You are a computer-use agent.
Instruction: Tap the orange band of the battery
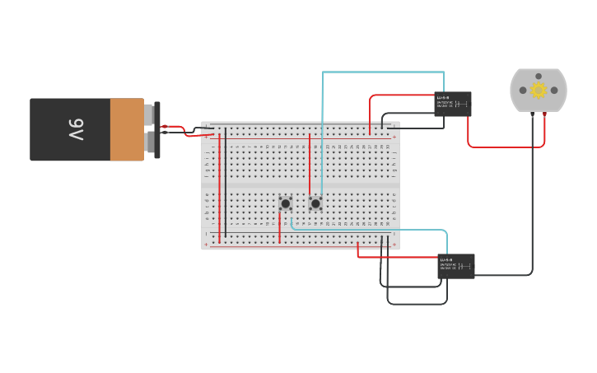point(127,129)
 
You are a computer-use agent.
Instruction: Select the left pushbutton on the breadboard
point(285,203)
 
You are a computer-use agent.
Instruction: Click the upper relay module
point(452,104)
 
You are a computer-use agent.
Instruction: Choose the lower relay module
point(455,266)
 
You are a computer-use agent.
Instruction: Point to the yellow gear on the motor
point(539,90)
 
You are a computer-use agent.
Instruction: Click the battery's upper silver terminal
point(148,114)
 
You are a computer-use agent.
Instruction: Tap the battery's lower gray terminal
point(149,143)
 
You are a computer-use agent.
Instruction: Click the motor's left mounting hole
point(522,90)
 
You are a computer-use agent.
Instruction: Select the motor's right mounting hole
point(554,90)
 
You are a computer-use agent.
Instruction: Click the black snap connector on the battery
point(156,129)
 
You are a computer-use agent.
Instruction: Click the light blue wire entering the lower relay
point(371,230)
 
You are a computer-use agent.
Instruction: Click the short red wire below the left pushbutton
point(279,228)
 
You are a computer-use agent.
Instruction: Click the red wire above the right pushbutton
point(310,165)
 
